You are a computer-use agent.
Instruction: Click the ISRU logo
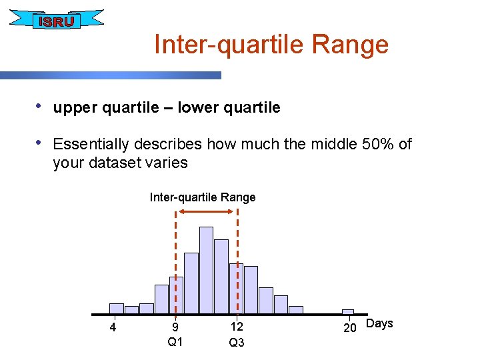coord(56,21)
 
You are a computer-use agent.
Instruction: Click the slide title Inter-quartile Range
coord(271,45)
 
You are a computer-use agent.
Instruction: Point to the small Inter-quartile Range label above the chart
coord(203,197)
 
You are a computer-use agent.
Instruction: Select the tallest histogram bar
coord(206,269)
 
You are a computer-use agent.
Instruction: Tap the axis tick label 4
coord(113,327)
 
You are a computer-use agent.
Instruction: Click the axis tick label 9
coord(175,327)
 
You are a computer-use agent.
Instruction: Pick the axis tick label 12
coord(237,327)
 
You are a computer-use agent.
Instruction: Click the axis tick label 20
coord(349,327)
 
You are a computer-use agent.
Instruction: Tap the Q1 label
coord(175,342)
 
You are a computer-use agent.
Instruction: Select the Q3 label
coord(237,343)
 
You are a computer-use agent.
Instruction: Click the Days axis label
coord(380,323)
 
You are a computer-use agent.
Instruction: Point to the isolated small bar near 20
coord(348,311)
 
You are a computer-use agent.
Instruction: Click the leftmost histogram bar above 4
coord(117,308)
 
